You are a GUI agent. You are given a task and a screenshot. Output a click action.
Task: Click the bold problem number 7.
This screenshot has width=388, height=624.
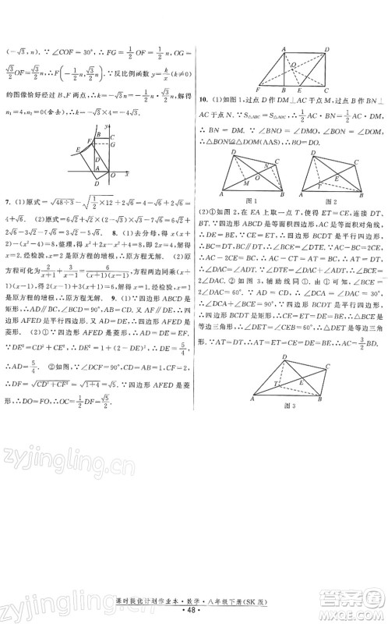(x=7, y=202)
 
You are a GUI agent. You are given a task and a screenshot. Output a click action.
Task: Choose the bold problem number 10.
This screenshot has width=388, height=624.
(x=203, y=99)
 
